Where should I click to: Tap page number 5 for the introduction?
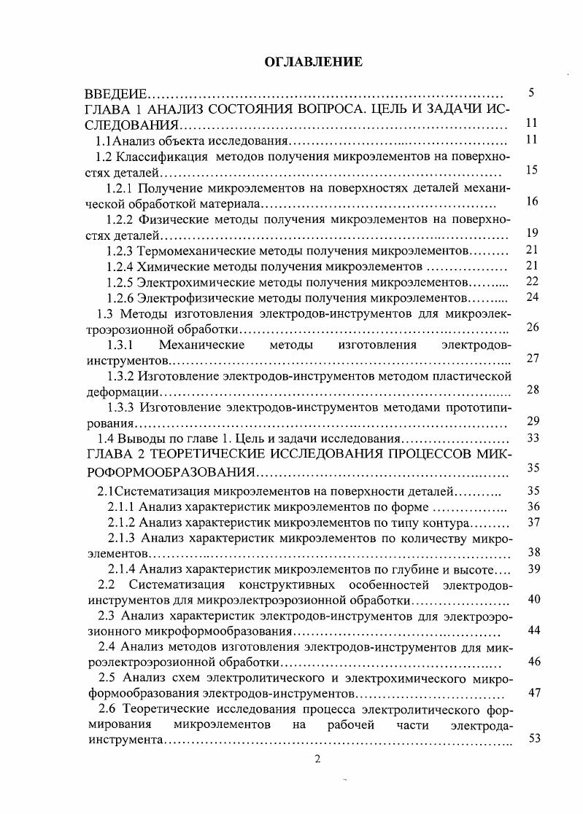[532, 93]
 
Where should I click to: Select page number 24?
[532, 297]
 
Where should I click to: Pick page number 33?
[532, 438]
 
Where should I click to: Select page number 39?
[533, 569]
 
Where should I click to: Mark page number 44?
[533, 630]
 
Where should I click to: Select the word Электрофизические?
[193, 297]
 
